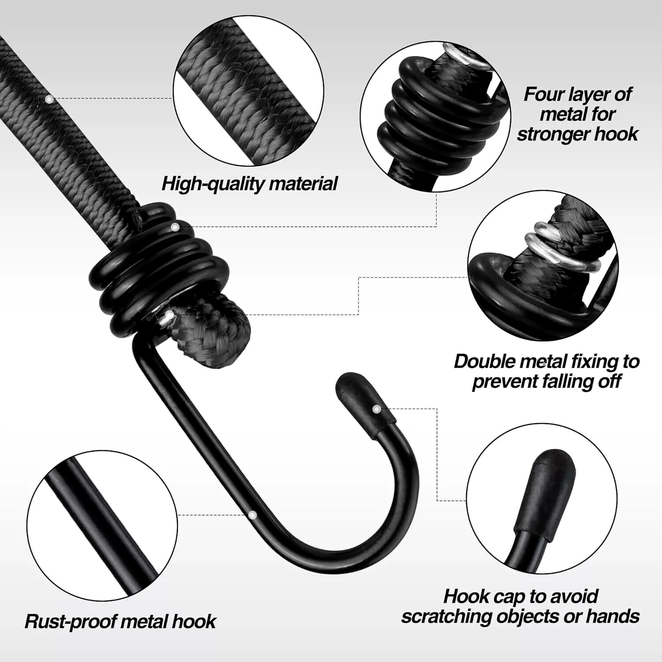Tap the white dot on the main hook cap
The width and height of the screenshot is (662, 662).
376,410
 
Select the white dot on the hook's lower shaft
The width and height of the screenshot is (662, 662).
252,515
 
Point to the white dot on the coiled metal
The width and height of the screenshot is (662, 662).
175,227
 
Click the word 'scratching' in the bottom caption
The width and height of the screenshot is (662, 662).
446,616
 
